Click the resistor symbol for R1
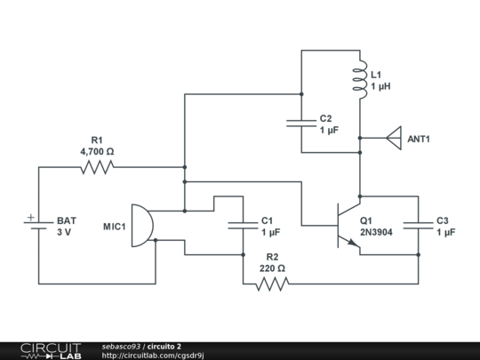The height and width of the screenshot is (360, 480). [96, 166]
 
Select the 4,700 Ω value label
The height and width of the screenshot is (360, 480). [97, 152]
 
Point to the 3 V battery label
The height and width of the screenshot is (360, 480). [64, 232]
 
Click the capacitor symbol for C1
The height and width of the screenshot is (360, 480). [242, 226]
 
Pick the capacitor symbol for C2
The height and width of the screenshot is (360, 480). [301, 124]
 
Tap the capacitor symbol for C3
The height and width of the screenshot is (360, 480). [418, 226]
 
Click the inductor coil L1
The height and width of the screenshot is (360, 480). [360, 80]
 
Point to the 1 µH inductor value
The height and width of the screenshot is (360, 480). [381, 86]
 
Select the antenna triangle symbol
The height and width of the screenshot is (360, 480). [392, 139]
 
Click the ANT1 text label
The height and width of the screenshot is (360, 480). [419, 140]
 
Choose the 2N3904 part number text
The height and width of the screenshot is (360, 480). [376, 232]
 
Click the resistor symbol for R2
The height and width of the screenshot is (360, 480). [272, 284]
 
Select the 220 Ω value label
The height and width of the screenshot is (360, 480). [272, 269]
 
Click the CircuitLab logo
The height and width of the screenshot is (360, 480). [51, 350]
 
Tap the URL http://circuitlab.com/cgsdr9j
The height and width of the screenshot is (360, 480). [153, 356]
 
